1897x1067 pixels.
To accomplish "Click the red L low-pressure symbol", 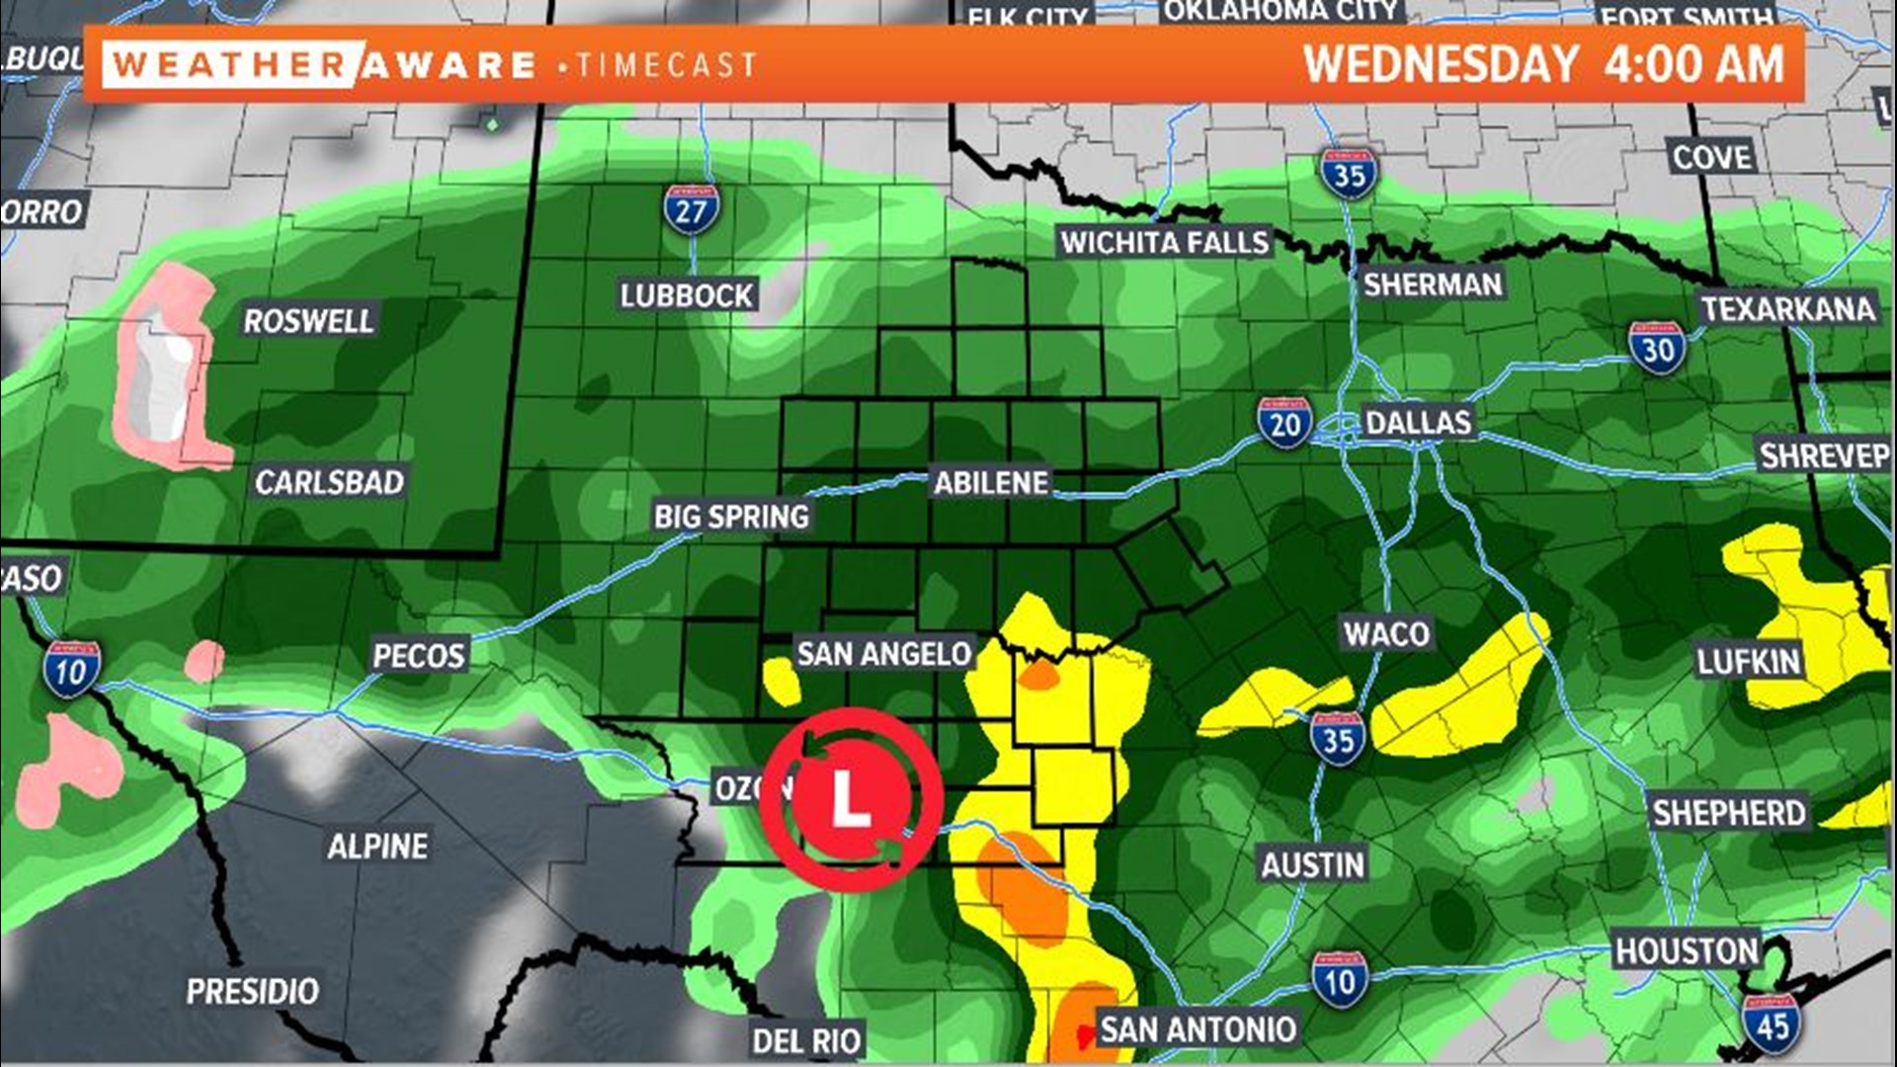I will point(852,799).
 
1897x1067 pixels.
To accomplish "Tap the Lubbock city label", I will point(687,295).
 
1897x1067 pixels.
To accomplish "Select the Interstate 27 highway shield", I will point(691,209).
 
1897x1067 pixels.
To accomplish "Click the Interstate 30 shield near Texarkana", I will point(1657,348).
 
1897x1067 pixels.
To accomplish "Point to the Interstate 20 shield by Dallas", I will point(1284,423).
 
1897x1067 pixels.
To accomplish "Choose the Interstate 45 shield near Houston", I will point(1772,1025).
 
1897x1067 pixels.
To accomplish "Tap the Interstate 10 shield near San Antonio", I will point(1340,981).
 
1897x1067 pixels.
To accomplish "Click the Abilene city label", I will point(991,483).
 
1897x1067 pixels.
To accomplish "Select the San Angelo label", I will point(884,653).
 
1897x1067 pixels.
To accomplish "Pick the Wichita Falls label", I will point(1164,242).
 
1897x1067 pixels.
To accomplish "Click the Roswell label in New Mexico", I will point(308,321).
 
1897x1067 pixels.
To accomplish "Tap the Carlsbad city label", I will point(330,482).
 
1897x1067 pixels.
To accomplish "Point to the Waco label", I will point(1386,633).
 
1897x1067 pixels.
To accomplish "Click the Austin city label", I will point(1312,865).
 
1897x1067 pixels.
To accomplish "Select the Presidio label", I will point(253,991).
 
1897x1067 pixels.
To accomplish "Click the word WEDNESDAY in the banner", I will point(1441,65).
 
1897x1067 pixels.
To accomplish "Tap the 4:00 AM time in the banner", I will point(1693,65).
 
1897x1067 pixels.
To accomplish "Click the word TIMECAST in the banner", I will point(667,66).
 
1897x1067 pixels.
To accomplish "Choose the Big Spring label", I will point(731,516).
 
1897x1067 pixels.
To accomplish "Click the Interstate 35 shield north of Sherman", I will point(1349,175).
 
